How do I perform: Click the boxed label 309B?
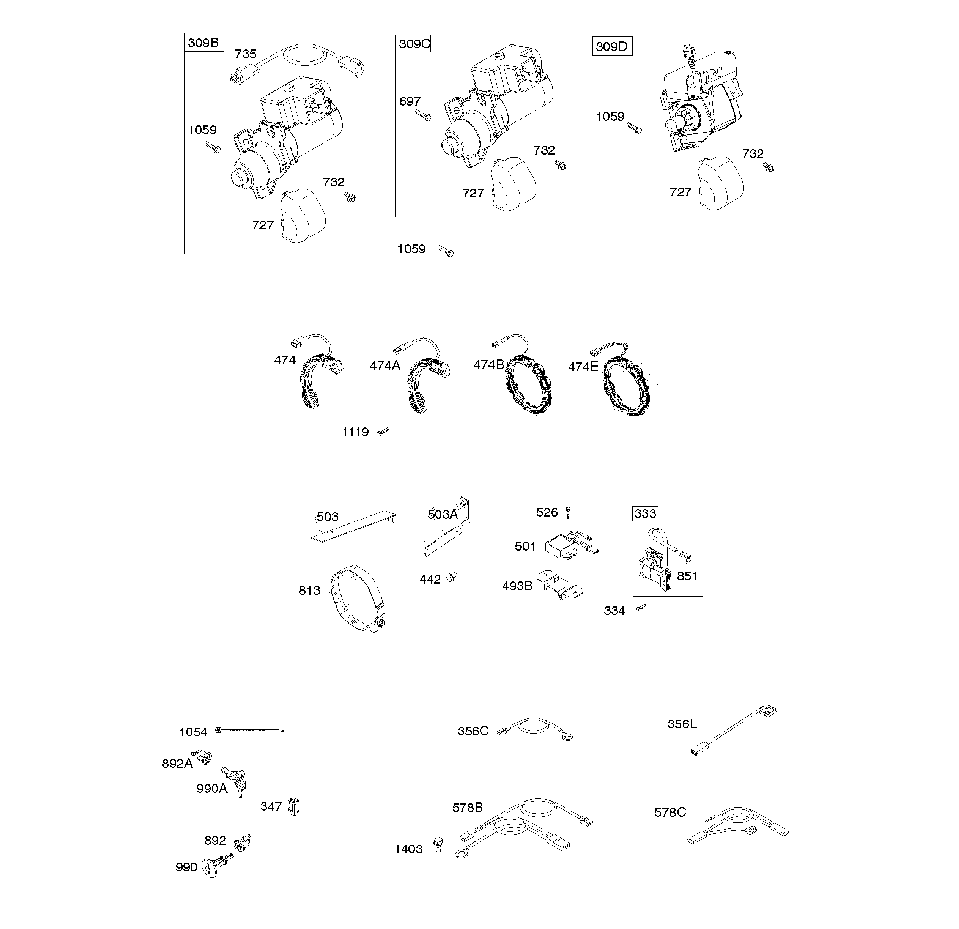pyautogui.click(x=204, y=43)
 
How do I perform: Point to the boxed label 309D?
pyautogui.click(x=612, y=47)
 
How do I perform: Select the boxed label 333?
pyautogui.click(x=645, y=513)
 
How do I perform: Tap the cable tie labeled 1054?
pyautogui.click(x=249, y=730)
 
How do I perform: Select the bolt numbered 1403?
pyautogui.click(x=438, y=845)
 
